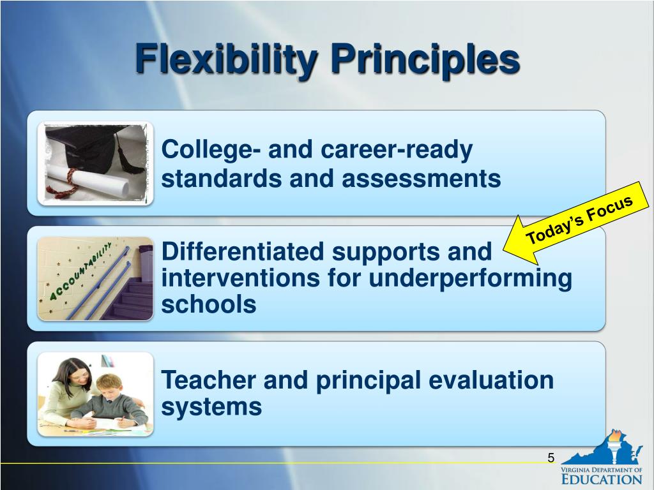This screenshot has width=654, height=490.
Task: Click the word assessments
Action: click(x=421, y=179)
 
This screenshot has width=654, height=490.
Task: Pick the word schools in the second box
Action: click(x=209, y=305)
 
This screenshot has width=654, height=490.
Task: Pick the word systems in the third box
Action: click(x=211, y=406)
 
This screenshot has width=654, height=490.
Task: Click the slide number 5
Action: click(x=551, y=457)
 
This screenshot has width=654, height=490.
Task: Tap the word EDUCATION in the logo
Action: click(x=602, y=479)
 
